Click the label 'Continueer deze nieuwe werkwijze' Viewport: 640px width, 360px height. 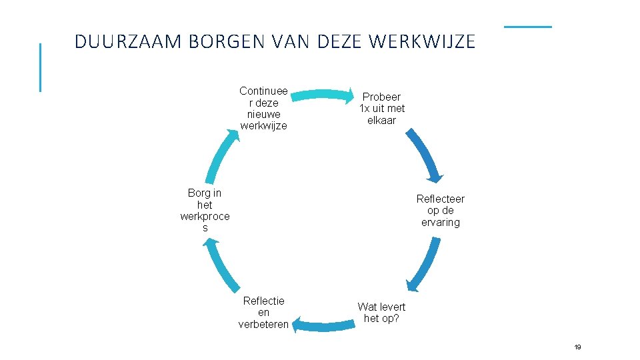(263, 108)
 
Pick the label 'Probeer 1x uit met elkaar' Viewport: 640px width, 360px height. (382, 109)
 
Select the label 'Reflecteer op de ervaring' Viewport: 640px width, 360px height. (440, 210)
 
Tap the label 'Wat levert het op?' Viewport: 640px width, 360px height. (381, 312)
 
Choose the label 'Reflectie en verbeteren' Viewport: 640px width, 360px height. (263, 313)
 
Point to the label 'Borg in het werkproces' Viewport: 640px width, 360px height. (205, 210)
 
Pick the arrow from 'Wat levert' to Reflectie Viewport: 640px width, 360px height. (323, 326)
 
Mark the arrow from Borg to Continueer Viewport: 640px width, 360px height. (221, 155)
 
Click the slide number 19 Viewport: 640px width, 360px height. (577, 347)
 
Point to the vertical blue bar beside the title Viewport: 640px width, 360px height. (40, 67)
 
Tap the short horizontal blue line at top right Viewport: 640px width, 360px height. (527, 27)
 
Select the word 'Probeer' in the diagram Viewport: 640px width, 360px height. (381, 97)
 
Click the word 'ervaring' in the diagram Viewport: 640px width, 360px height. (440, 222)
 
